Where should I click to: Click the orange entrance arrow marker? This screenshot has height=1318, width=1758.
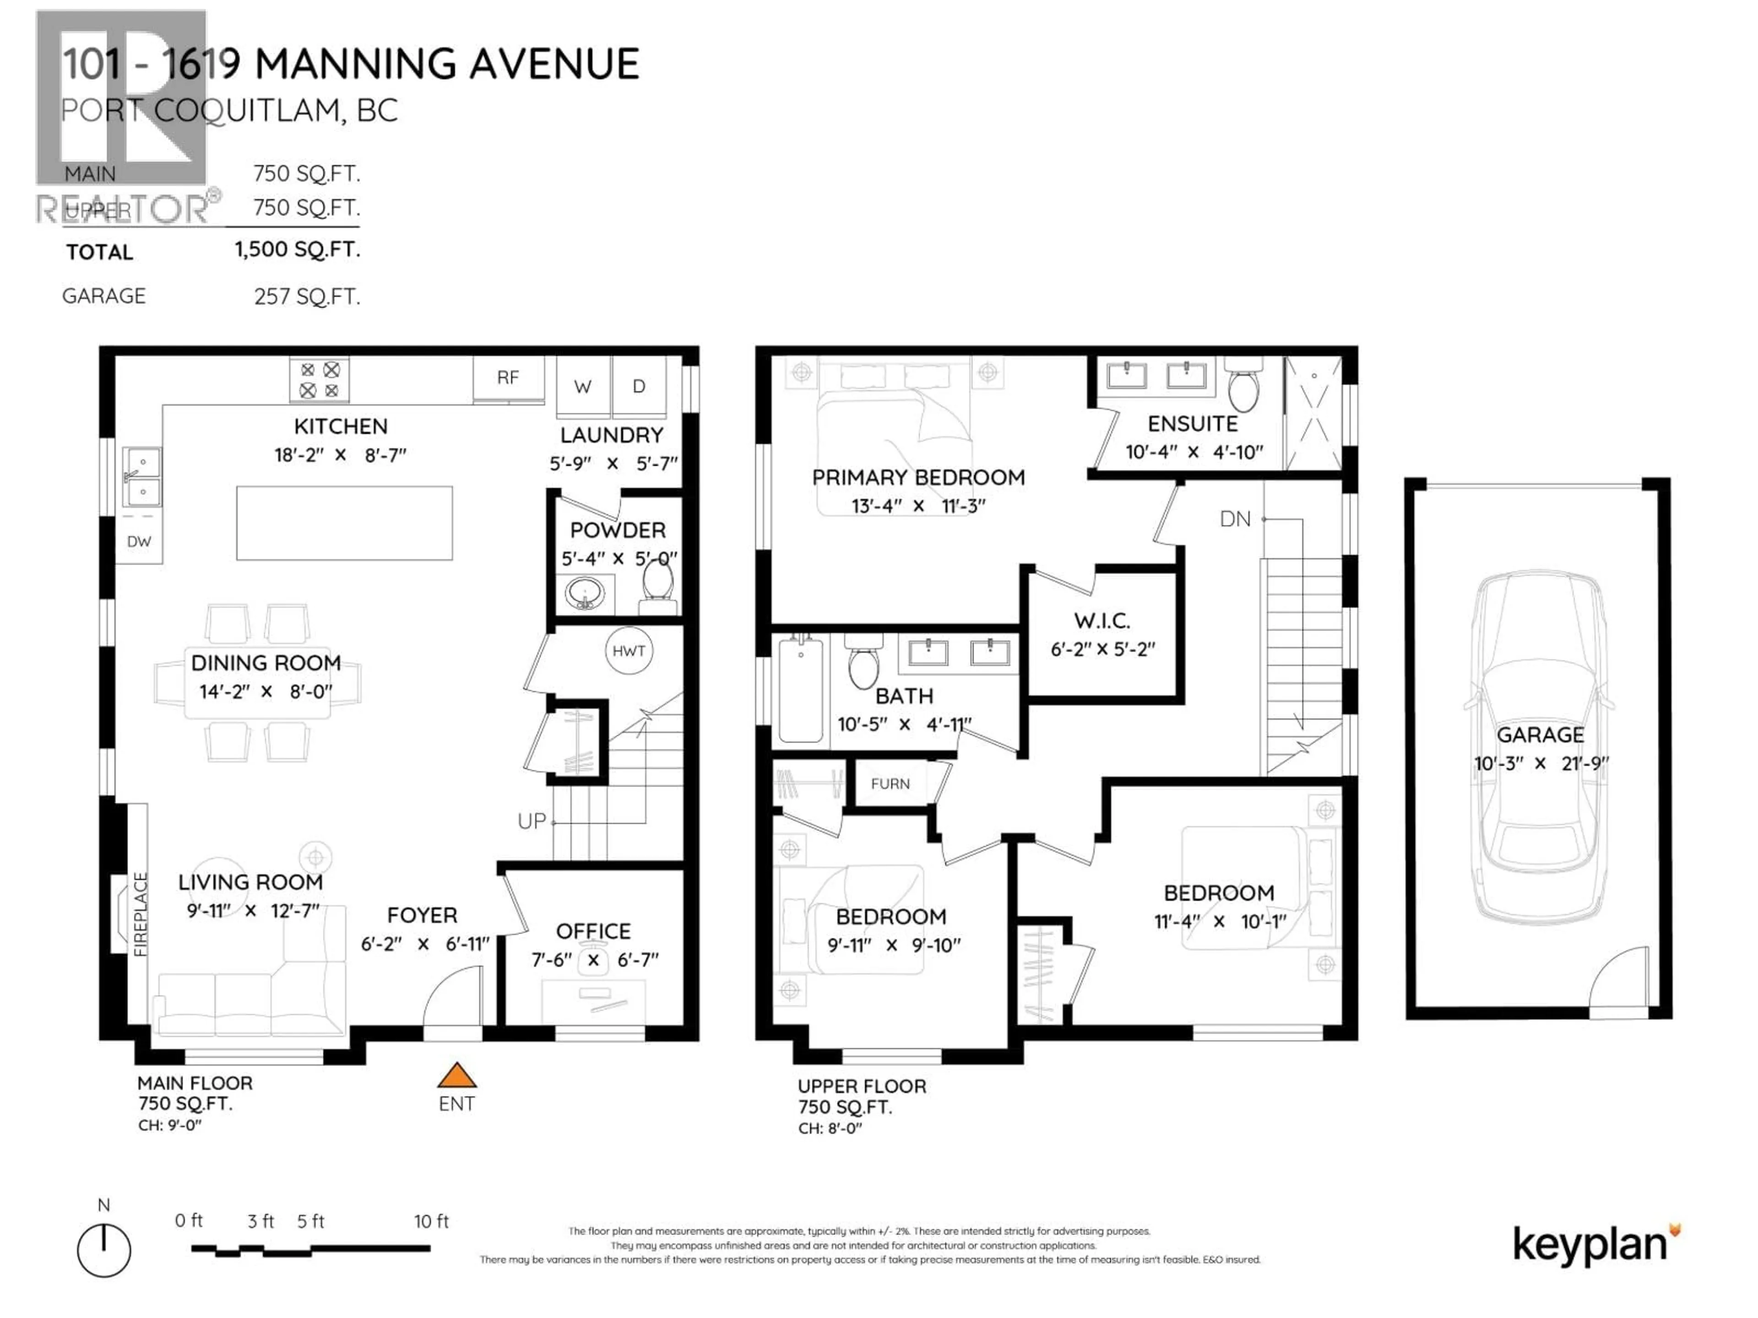click(457, 1076)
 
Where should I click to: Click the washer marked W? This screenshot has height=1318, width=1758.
click(582, 387)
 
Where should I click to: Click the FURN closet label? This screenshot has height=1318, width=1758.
click(890, 784)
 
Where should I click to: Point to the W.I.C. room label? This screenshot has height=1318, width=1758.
click(1101, 621)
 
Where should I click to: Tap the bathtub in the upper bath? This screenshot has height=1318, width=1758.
click(800, 688)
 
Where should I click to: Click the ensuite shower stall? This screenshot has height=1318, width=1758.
click(1313, 414)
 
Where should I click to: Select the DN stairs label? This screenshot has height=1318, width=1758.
click(1235, 519)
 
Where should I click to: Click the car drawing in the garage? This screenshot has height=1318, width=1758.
click(1540, 747)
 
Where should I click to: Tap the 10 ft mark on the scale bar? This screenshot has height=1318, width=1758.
click(431, 1221)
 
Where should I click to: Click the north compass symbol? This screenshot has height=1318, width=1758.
click(104, 1250)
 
